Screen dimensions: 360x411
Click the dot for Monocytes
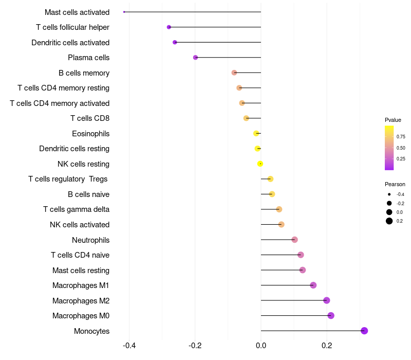364,331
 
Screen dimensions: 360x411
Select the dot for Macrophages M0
331,315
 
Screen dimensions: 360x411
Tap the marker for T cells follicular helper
169,27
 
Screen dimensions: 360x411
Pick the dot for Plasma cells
195,57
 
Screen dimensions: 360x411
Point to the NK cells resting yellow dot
260,164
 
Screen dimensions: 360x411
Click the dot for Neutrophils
294,240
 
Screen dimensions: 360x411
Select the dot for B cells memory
234,73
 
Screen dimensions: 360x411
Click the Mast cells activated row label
77,12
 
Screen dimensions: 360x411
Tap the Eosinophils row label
90,134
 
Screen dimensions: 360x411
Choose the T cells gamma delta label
76,209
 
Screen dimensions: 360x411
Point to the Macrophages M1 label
81,285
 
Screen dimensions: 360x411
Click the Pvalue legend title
393,120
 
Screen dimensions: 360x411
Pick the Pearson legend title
395,184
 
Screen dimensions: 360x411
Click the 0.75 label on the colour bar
401,137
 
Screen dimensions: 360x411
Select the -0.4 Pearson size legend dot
389,194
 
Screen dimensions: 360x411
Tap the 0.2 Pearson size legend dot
389,221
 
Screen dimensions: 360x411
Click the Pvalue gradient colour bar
389,148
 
